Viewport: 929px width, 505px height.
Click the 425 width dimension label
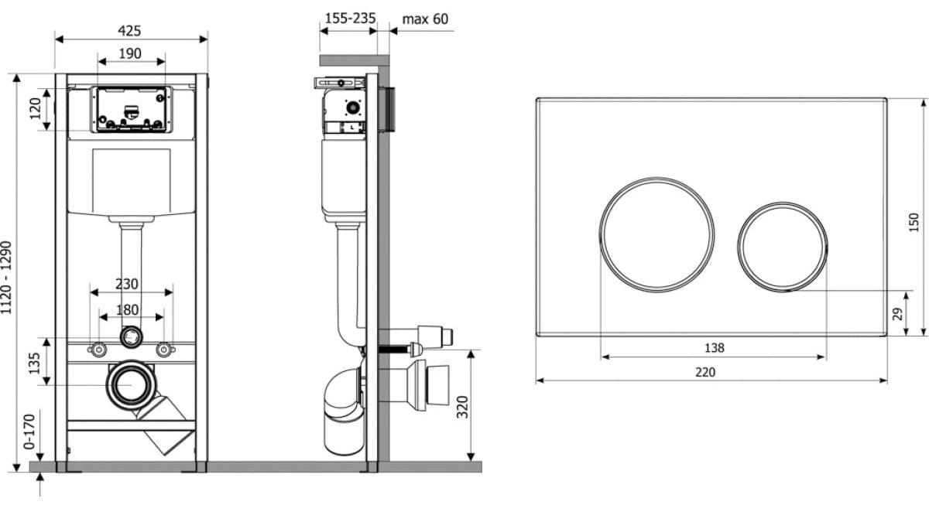(x=129, y=31)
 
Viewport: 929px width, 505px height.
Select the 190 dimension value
(x=130, y=53)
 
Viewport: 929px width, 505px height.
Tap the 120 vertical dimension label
(x=36, y=108)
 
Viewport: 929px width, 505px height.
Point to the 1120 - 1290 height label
(x=6, y=278)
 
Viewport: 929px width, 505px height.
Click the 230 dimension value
(x=126, y=284)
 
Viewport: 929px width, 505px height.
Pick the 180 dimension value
(x=127, y=310)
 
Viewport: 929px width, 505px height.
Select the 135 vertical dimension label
(x=34, y=363)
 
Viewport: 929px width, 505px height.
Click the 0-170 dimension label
(x=29, y=432)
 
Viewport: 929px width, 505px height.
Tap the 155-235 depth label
(x=350, y=19)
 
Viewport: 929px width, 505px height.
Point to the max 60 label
(x=425, y=19)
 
